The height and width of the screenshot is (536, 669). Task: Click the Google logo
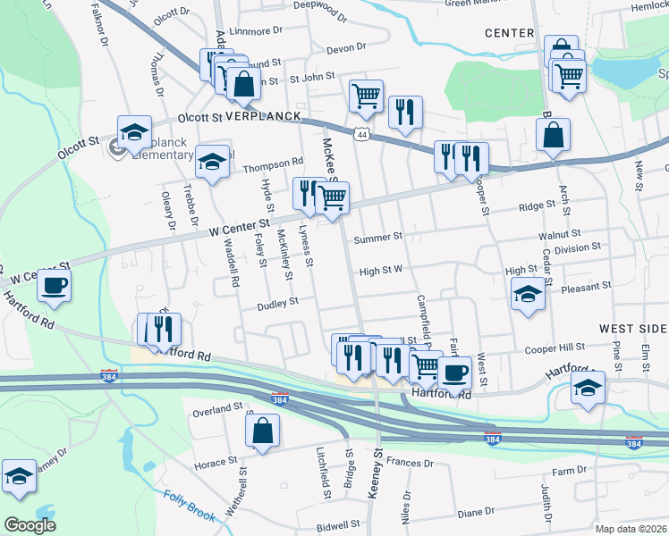tap(30, 525)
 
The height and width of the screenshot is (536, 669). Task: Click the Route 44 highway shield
tap(361, 134)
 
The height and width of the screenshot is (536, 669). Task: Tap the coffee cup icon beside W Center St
tap(54, 285)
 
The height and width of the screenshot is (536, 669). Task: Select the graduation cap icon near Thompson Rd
tap(212, 162)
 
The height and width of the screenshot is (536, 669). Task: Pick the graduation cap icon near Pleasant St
tap(528, 294)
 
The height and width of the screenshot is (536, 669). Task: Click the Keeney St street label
tap(378, 466)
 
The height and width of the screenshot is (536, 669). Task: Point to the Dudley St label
tap(276, 303)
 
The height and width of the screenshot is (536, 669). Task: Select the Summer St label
tap(377, 238)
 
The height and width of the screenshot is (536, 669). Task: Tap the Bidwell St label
tap(336, 525)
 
